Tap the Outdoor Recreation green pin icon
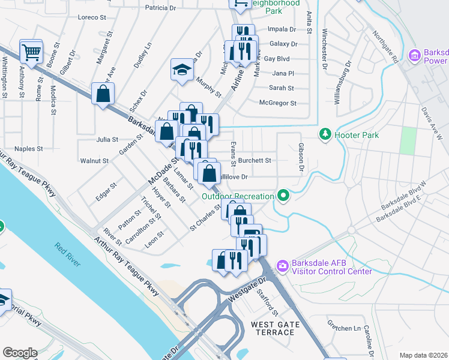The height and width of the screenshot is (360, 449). pyautogui.click(x=283, y=196)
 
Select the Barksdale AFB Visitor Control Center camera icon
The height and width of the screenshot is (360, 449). pyautogui.click(x=282, y=265)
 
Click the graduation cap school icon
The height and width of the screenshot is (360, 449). pyautogui.click(x=181, y=70)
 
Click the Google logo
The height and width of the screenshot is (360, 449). pyautogui.click(x=19, y=353)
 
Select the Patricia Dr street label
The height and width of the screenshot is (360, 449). pyautogui.click(x=161, y=8)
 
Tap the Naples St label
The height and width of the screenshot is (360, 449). pyautogui.click(x=29, y=148)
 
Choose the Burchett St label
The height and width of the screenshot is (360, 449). pyautogui.click(x=255, y=161)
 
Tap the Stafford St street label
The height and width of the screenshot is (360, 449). pyautogui.click(x=267, y=304)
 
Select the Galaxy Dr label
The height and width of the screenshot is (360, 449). pyautogui.click(x=283, y=44)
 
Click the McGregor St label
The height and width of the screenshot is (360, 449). pyautogui.click(x=277, y=103)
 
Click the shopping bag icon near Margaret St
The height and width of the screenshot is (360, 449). pyautogui.click(x=103, y=94)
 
